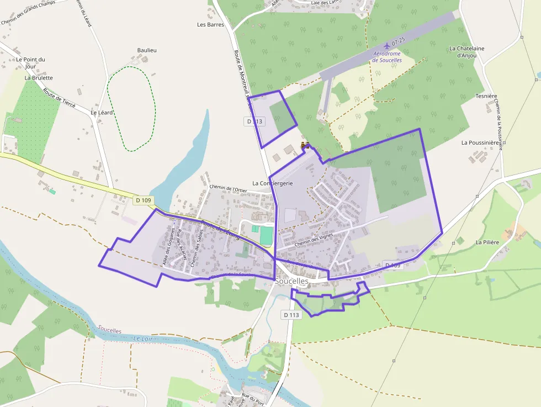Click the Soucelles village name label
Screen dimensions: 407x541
291,281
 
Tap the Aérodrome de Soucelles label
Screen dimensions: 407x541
387,57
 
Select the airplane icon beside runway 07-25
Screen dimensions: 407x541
387,44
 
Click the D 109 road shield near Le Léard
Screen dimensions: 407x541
143,200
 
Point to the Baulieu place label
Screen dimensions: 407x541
147,50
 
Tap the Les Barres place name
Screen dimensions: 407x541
209,25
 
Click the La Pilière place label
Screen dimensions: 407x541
487,242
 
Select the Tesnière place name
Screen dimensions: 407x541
486,96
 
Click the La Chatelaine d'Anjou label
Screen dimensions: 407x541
466,52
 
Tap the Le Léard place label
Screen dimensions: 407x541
102,113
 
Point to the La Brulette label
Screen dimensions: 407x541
39,78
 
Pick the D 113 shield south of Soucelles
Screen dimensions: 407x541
291,315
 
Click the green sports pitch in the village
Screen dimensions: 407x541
267,235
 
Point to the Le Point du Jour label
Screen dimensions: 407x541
30,63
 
